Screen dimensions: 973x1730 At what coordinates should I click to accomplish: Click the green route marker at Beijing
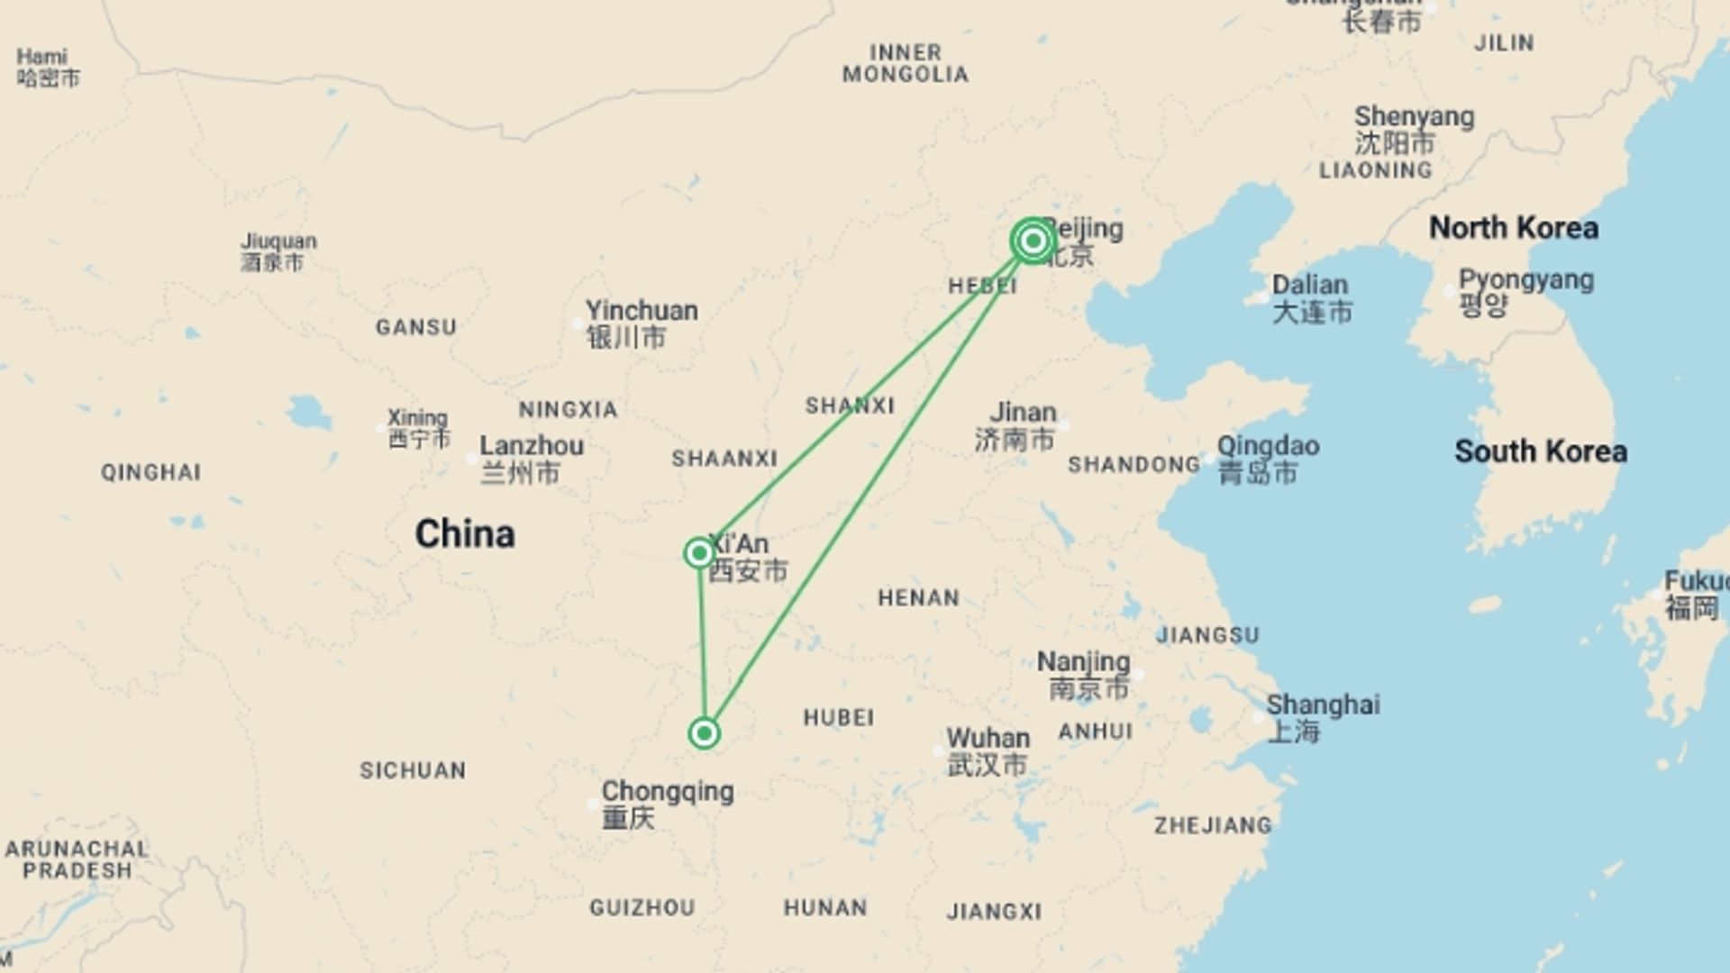click(1033, 241)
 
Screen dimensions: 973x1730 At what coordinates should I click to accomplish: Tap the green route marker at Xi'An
click(699, 552)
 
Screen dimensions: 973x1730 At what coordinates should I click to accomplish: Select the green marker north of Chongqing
click(704, 733)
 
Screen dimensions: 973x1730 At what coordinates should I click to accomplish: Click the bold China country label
click(465, 534)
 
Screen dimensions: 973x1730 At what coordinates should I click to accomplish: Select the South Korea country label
click(1540, 451)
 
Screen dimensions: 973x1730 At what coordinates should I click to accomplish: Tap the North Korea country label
click(1514, 228)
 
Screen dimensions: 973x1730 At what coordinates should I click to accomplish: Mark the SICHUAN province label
click(413, 770)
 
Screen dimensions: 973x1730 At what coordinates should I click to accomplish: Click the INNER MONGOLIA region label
click(906, 63)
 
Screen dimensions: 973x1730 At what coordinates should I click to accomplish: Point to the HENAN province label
click(918, 598)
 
